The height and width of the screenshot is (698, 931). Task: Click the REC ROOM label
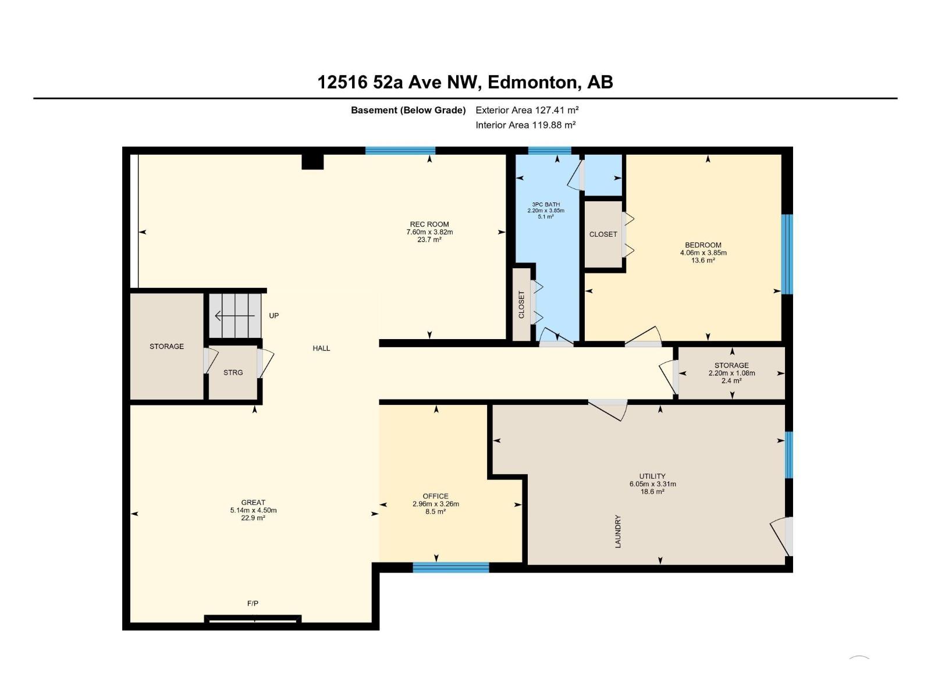(x=429, y=224)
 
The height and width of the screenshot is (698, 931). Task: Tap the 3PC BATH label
(x=546, y=204)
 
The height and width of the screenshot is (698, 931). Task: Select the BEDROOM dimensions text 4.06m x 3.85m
(x=703, y=253)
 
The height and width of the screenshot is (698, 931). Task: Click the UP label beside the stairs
(x=273, y=316)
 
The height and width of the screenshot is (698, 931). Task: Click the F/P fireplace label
(x=253, y=604)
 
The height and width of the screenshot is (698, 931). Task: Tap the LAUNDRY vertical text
(x=618, y=531)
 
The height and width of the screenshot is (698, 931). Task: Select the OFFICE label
(x=435, y=496)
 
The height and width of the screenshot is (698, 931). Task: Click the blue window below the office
(x=450, y=567)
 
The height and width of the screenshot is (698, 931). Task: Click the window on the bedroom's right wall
(x=787, y=254)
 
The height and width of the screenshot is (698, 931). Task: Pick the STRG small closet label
(x=233, y=372)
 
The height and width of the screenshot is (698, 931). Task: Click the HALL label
(x=321, y=348)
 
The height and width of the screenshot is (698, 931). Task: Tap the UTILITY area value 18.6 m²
(x=652, y=492)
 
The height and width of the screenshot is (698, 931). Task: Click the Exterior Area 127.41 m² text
(x=527, y=110)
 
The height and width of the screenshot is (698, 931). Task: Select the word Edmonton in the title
(x=532, y=82)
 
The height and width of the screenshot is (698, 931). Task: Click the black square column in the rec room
(x=312, y=161)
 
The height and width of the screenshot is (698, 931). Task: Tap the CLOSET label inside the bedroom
(x=603, y=234)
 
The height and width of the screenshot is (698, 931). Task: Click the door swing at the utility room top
(x=609, y=409)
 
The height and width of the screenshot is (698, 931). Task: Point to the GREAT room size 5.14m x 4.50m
(x=253, y=510)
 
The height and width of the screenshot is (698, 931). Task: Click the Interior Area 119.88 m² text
(x=525, y=125)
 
